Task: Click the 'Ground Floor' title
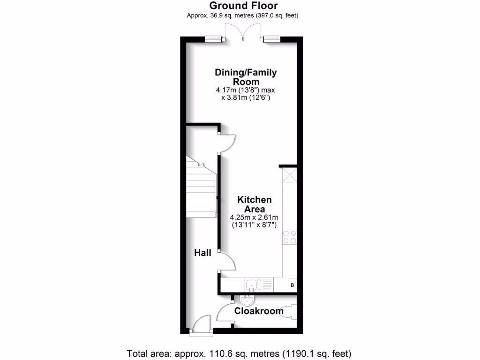pos(243,6)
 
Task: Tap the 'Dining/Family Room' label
pos(246,77)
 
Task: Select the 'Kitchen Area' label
pos(254,204)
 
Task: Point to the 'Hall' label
pos(203,253)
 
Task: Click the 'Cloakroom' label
pos(259,311)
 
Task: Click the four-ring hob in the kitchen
pos(289,237)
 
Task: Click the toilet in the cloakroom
pos(289,311)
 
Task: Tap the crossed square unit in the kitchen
pos(290,177)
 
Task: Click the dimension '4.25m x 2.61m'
pos(254,217)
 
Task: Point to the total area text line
pos(240,353)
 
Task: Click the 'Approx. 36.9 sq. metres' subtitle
pos(243,15)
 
